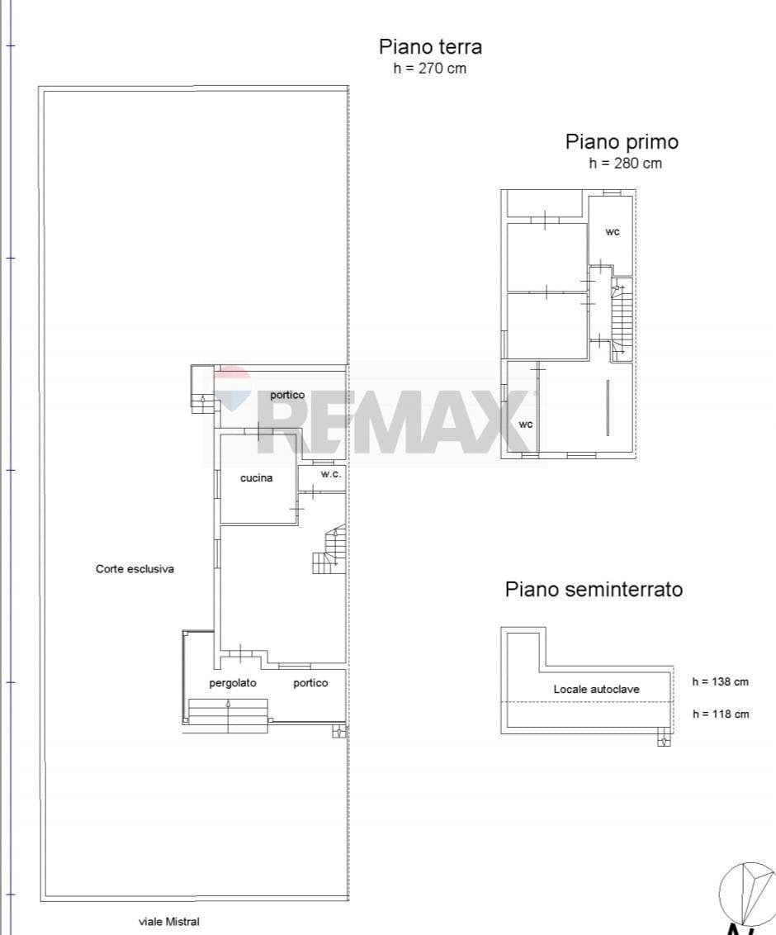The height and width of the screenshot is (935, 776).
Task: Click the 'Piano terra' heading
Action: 430,46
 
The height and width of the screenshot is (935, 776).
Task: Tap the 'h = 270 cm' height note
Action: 430,69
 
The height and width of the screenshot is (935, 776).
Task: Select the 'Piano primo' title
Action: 622,142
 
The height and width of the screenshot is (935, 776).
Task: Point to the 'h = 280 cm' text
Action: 625,164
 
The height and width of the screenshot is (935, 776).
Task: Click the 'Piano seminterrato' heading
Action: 594,590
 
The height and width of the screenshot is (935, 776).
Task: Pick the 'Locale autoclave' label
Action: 596,689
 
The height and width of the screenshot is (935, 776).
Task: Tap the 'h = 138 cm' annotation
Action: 720,682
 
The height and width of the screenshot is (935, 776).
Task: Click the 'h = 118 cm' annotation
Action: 720,714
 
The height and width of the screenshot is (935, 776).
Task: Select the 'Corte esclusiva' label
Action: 135,569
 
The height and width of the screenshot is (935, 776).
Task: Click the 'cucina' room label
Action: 256,478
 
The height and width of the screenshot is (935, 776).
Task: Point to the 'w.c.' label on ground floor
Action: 331,475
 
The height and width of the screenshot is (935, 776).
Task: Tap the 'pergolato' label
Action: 233,683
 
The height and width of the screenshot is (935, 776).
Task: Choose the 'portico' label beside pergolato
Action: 310,683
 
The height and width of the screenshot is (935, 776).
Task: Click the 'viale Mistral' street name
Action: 168,922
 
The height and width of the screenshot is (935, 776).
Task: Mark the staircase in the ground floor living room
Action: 329,552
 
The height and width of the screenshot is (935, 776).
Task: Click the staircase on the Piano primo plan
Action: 621,318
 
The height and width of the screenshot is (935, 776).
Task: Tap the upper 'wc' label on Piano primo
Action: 612,232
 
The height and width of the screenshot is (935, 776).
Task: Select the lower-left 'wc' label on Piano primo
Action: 525,425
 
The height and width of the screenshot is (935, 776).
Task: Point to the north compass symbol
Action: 747,895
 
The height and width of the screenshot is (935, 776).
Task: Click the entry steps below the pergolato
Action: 228,715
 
